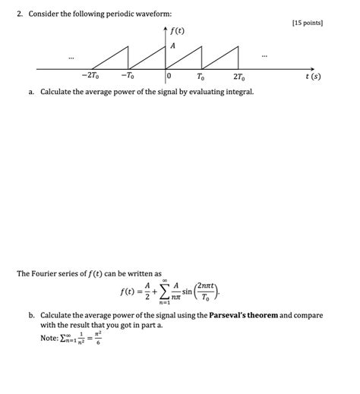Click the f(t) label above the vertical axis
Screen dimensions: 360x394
pyautogui.click(x=178, y=33)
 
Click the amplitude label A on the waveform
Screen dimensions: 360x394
pyautogui.click(x=172, y=46)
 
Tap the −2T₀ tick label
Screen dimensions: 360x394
pyautogui.click(x=90, y=77)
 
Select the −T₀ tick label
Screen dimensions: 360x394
pyautogui.click(x=127, y=77)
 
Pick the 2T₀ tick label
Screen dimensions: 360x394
pyautogui.click(x=238, y=77)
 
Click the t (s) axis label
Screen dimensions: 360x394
pyautogui.click(x=313, y=76)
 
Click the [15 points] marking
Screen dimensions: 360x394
pyautogui.click(x=307, y=24)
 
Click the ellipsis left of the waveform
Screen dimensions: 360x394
pyautogui.click(x=71, y=57)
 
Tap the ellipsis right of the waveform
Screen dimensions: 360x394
pyautogui.click(x=264, y=55)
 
